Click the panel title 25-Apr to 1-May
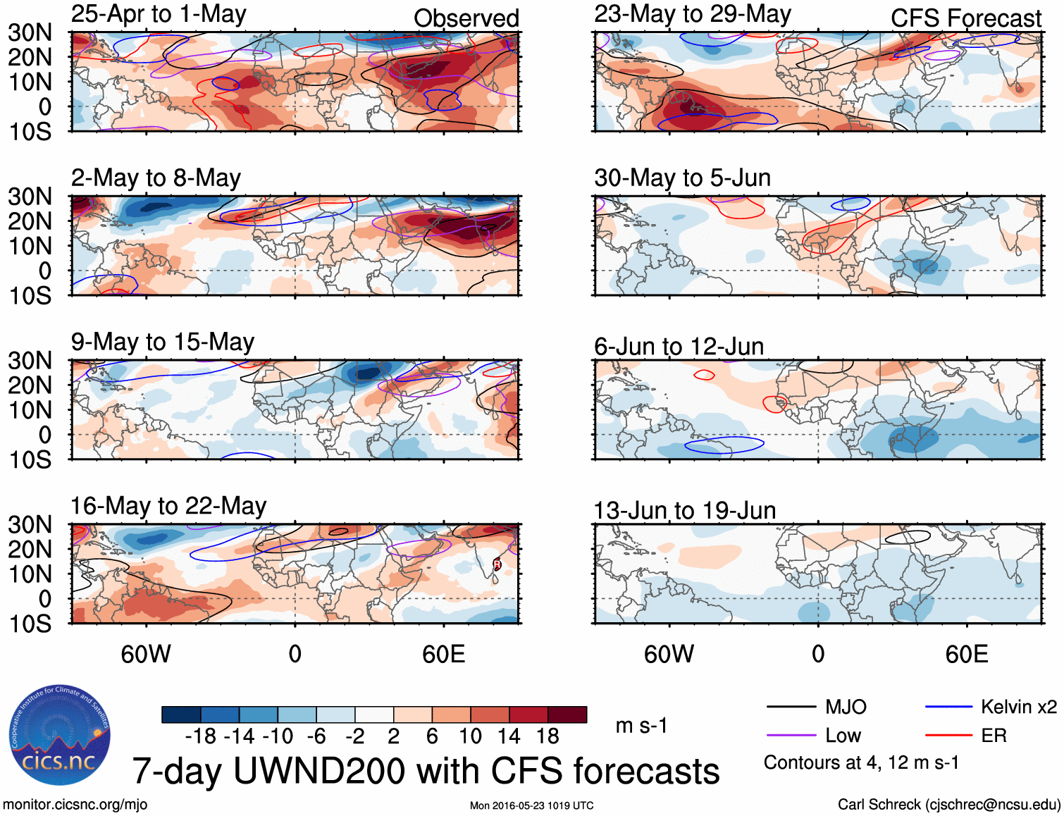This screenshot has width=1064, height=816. point(159,14)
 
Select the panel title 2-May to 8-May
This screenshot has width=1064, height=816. point(156,178)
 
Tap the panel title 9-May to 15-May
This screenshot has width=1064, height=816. point(162,342)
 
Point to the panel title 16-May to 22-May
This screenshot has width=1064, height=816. point(168,506)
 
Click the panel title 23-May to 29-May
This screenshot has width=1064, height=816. point(692,14)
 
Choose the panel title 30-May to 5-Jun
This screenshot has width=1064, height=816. point(682,178)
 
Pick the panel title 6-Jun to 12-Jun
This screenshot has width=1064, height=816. point(679,346)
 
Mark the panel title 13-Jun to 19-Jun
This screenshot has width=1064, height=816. point(684,510)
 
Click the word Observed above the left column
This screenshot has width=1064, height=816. point(466,18)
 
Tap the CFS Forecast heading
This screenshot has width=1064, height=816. point(965,18)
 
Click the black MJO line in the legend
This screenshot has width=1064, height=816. point(791,707)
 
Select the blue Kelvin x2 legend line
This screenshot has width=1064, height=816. point(948,707)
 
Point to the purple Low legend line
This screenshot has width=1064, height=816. point(791,736)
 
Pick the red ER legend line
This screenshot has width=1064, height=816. point(948,736)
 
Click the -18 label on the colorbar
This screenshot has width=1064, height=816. point(201,736)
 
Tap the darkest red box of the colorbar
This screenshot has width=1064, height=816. point(567,715)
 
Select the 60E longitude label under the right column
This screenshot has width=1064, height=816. point(966,654)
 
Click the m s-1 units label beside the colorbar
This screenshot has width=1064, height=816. point(641,726)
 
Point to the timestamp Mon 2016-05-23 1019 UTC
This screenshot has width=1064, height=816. point(531,805)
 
